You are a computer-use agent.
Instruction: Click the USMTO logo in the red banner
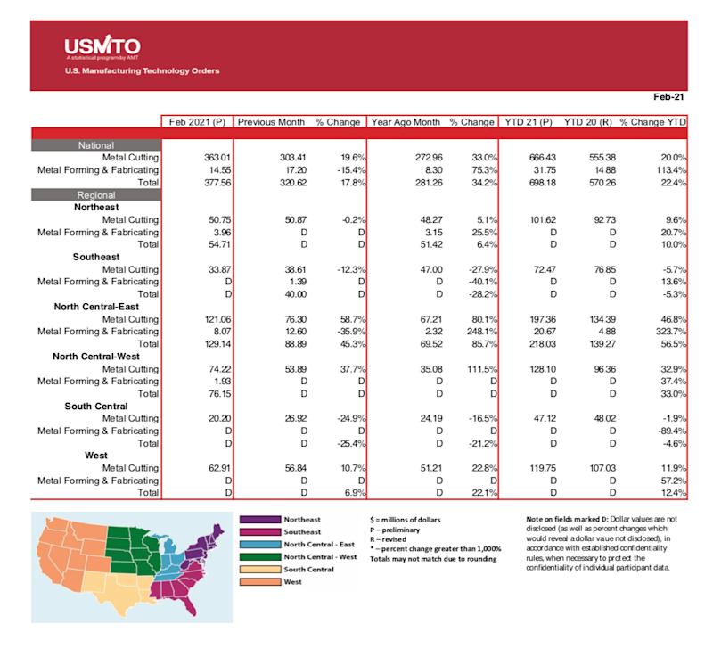(102, 46)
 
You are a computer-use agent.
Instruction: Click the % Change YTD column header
(653, 122)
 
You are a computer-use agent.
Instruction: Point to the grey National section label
(96, 144)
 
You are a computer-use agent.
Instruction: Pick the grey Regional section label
(96, 194)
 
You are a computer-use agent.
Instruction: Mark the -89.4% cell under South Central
(668, 430)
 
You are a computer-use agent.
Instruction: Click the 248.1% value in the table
(477, 331)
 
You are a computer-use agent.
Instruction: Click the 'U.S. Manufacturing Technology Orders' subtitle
(142, 70)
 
